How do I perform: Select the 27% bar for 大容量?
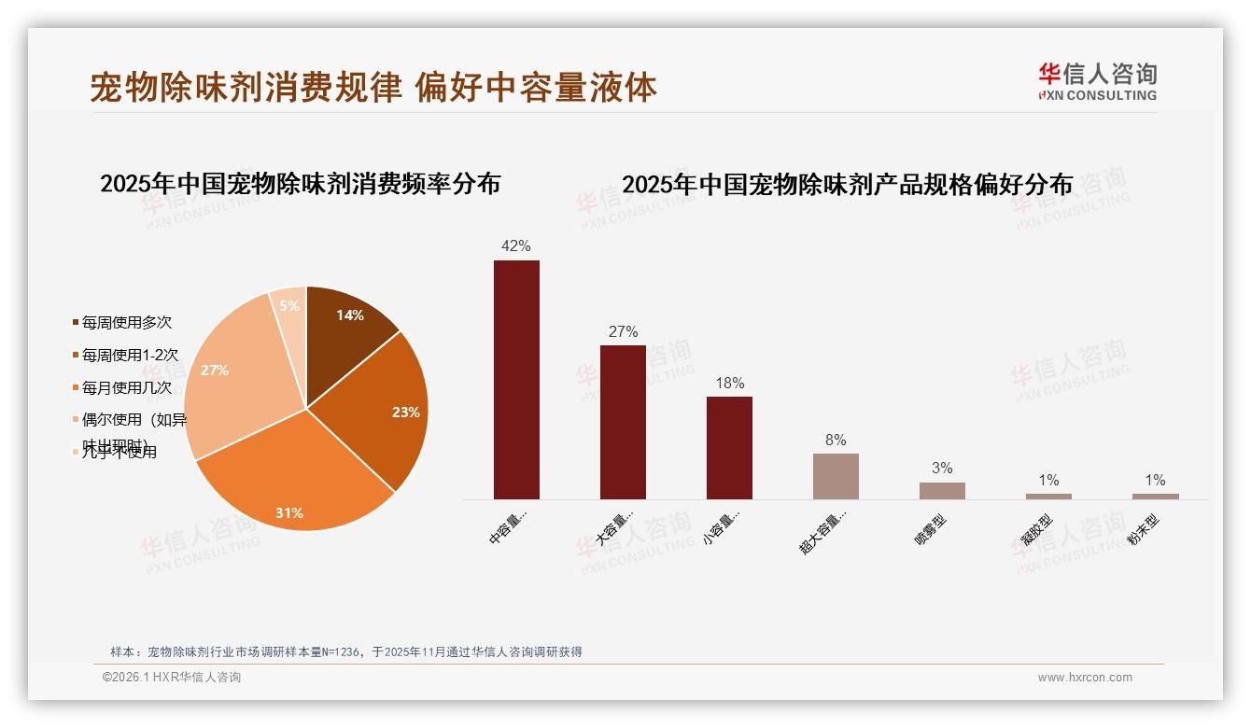623,422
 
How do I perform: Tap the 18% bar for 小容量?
729,448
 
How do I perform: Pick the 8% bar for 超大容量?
836,476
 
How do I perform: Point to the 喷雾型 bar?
942,490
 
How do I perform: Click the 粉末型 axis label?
1144,529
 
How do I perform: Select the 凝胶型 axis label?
1037,529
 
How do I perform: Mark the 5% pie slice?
290,306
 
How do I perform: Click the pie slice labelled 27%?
229,373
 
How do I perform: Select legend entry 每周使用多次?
126,322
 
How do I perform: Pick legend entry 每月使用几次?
126,387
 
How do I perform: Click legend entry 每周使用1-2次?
129,355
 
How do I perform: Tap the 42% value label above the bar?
516,246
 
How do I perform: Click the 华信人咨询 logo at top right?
1098,81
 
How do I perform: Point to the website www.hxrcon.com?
1085,678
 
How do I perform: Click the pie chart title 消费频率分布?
300,183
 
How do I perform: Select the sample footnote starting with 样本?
345,651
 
